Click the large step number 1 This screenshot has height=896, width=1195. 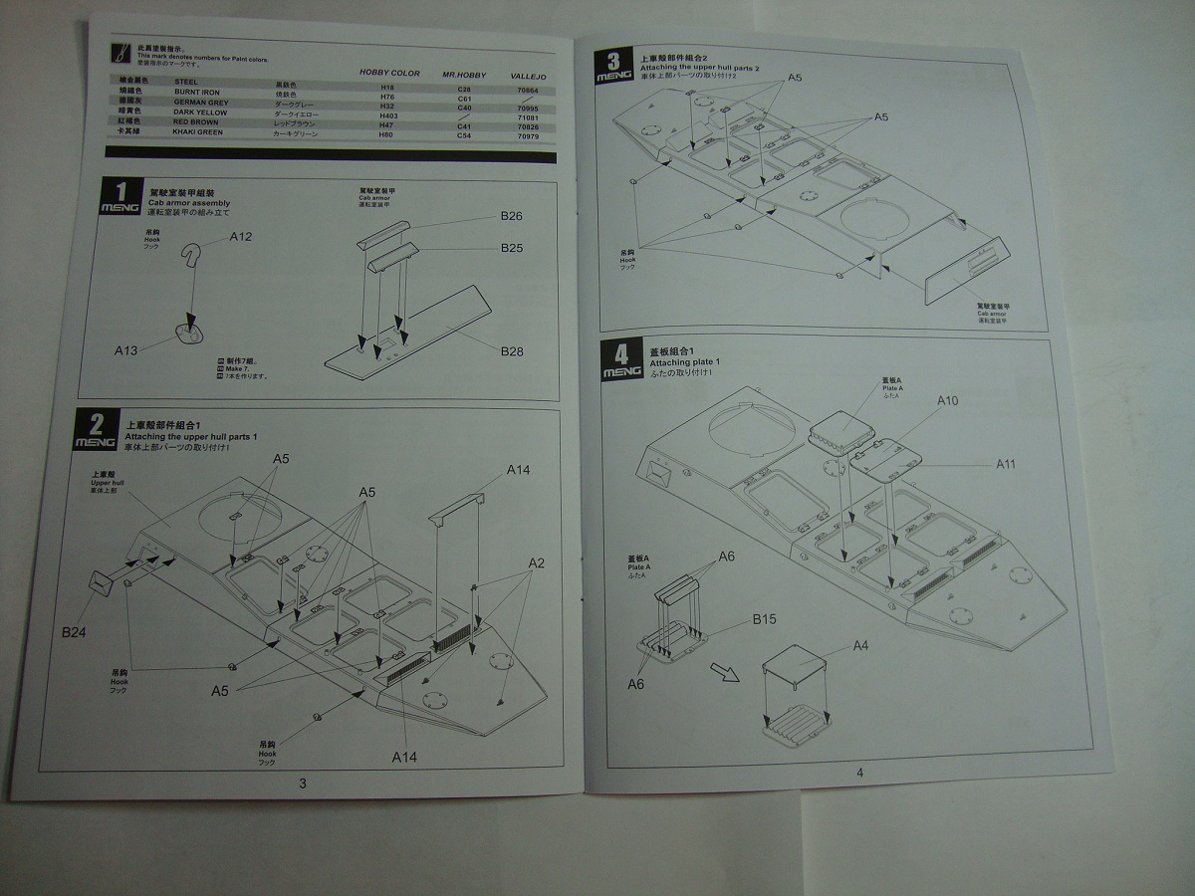pos(120,192)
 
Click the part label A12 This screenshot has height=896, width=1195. pos(241,237)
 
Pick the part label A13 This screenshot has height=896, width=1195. pos(126,349)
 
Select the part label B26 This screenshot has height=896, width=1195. pos(511,216)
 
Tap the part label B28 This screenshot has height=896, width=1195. pos(512,351)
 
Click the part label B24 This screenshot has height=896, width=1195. pos(75,631)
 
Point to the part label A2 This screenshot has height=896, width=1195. pos(536,562)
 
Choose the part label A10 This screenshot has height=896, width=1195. pos(947,400)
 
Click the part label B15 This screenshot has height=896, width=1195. pos(764,619)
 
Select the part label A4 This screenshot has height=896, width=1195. pos(860,645)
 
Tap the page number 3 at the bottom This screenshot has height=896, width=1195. pos(303,783)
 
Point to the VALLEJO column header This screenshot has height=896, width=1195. pos(527,77)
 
